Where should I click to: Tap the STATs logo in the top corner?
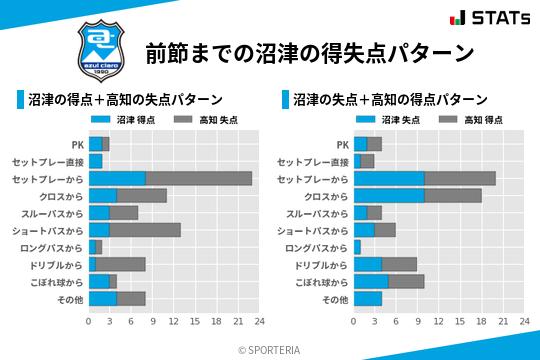click(489, 18)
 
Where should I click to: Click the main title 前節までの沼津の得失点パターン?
click(308, 52)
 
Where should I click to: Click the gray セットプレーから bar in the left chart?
click(198, 178)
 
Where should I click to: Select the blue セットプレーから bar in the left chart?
click(117, 178)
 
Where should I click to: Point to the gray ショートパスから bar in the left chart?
click(145, 229)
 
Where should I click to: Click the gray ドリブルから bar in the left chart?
click(120, 264)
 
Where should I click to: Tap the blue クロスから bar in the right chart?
click(389, 195)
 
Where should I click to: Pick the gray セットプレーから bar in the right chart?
click(460, 178)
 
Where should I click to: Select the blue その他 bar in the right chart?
click(368, 298)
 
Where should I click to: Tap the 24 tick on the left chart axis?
click(259, 322)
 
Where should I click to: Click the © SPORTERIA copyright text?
click(270, 349)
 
